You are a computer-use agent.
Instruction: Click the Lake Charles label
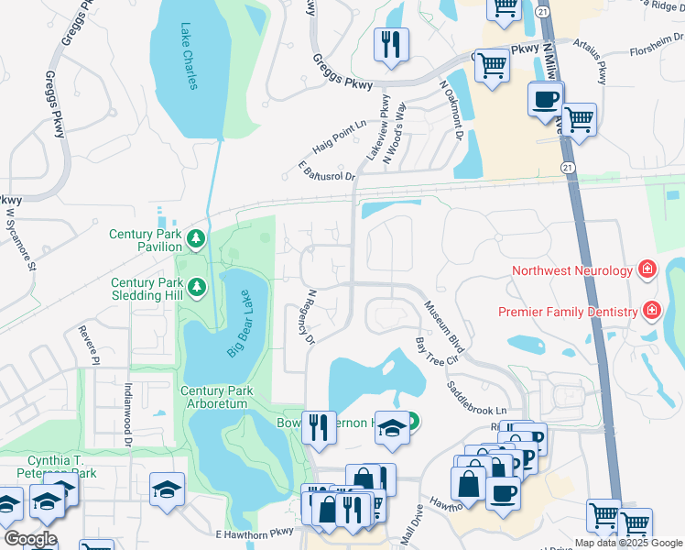[189, 57]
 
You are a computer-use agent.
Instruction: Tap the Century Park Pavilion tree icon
[195, 240]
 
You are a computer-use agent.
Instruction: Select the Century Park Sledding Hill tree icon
[196, 290]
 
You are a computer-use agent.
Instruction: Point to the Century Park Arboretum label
[214, 397]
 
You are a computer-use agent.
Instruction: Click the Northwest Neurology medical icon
[647, 269]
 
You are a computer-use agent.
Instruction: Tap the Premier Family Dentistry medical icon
[651, 311]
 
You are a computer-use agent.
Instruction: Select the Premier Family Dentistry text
[567, 312]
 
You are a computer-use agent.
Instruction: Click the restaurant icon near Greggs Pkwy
[392, 45]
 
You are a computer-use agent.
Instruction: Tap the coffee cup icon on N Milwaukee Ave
[547, 99]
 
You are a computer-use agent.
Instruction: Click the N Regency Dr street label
[311, 317]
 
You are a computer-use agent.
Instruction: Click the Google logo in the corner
[30, 539]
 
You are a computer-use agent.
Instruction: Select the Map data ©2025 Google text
[628, 543]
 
